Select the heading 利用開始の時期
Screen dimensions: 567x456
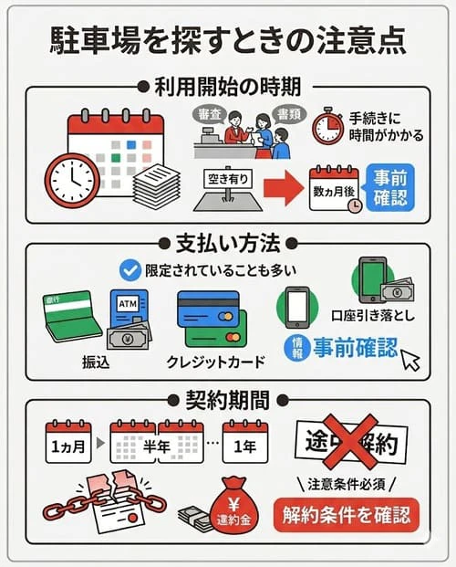point(227,87)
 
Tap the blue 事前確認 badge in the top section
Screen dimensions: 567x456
point(389,187)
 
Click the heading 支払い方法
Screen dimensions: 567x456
point(227,245)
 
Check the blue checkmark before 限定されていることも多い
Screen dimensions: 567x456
point(130,269)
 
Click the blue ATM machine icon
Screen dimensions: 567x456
point(128,313)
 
